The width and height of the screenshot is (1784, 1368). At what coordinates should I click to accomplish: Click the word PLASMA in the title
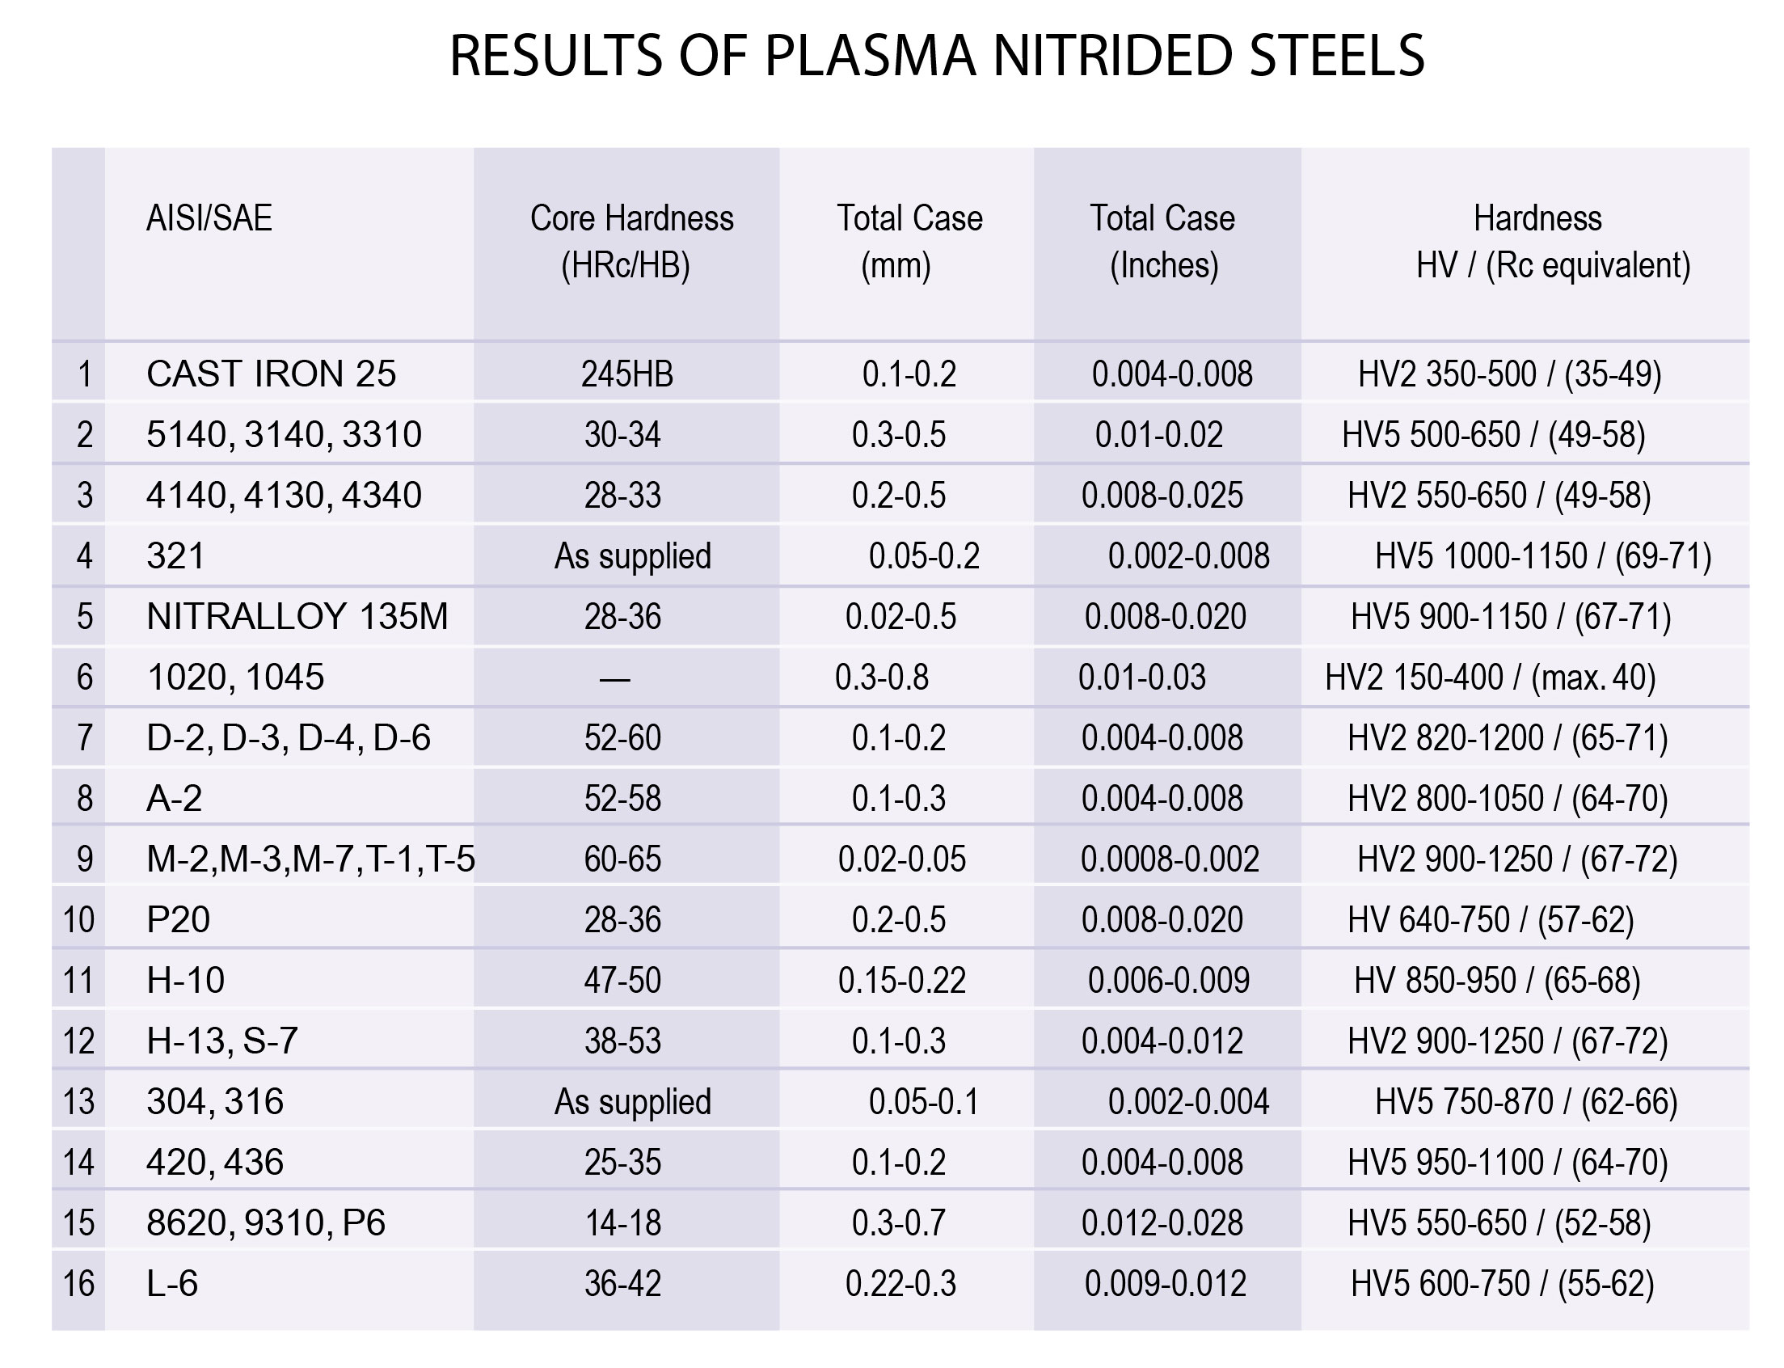[x=869, y=56]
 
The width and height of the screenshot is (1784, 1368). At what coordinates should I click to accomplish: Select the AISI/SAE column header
[x=209, y=218]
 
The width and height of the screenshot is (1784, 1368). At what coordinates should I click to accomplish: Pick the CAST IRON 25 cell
[x=271, y=374]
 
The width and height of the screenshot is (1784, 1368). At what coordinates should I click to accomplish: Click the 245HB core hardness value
[x=627, y=374]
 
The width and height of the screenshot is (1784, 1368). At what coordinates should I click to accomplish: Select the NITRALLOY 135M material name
[x=297, y=616]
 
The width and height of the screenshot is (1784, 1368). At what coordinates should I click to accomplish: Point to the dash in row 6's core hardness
[x=615, y=678]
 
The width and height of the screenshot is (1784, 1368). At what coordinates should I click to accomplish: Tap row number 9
[x=85, y=859]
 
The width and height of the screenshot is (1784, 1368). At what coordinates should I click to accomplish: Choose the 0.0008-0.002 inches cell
[x=1169, y=859]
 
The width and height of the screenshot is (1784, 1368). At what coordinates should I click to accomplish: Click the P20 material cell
[x=179, y=919]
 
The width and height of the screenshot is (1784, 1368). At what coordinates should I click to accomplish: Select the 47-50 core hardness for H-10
[x=623, y=980]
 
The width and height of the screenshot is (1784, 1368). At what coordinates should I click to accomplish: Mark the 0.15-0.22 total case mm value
[x=901, y=980]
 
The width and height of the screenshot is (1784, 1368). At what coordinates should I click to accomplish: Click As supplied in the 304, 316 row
[x=633, y=1101]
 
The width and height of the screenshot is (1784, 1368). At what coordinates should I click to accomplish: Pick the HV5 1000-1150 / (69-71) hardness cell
[x=1542, y=556]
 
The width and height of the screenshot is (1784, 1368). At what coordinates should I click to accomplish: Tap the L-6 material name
[x=172, y=1283]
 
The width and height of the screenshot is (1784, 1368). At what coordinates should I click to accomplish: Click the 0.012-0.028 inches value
[x=1162, y=1222]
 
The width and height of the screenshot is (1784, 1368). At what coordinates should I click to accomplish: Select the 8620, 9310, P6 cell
[x=265, y=1222]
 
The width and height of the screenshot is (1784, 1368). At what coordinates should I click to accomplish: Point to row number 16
[x=79, y=1283]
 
